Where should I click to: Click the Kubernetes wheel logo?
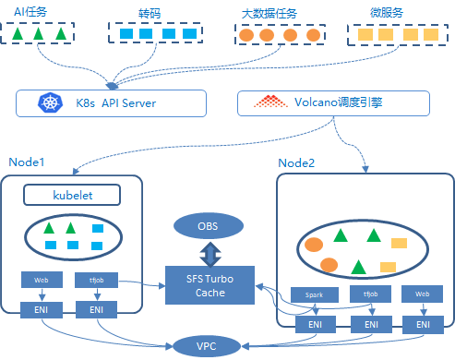click(50, 102)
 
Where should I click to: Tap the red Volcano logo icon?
click(270, 102)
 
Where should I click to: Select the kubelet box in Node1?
click(72, 195)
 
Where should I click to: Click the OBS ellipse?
click(209, 226)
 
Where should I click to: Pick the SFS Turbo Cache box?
click(210, 285)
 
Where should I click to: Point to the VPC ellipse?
click(207, 346)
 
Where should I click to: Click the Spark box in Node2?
click(315, 294)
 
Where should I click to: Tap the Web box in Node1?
click(42, 280)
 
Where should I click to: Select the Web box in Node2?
click(422, 294)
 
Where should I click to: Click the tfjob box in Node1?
click(96, 280)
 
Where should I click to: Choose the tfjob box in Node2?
click(370, 294)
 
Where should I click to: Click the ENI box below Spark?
click(316, 324)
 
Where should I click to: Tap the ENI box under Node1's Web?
click(42, 310)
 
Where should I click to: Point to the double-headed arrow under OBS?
click(210, 254)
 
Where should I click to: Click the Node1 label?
click(27, 162)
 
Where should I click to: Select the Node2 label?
click(296, 163)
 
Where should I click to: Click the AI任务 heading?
click(30, 12)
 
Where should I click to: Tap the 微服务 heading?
click(387, 13)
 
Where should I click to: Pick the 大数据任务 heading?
click(269, 14)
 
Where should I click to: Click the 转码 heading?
click(150, 14)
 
